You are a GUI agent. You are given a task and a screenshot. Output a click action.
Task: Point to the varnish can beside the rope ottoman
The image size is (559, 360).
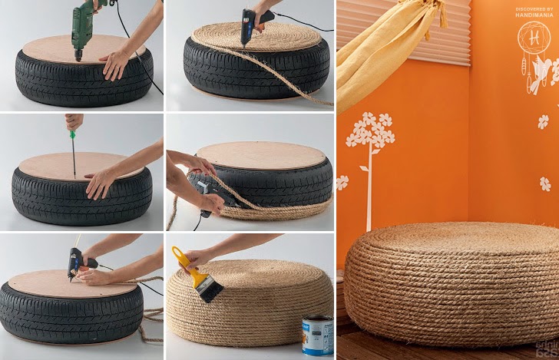click(x=317, y=335)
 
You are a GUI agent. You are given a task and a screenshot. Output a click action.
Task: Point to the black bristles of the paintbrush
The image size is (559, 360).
click(x=210, y=289)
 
